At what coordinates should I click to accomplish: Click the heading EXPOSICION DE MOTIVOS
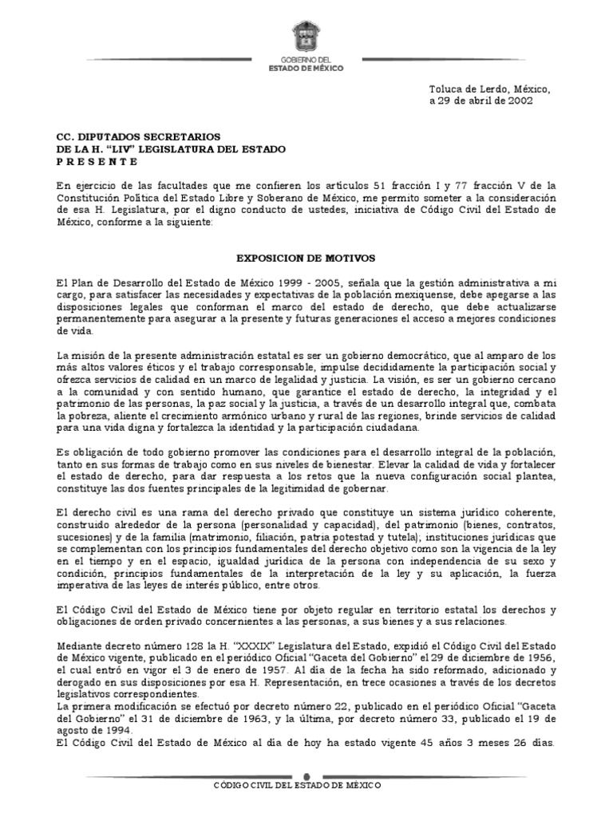306,259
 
